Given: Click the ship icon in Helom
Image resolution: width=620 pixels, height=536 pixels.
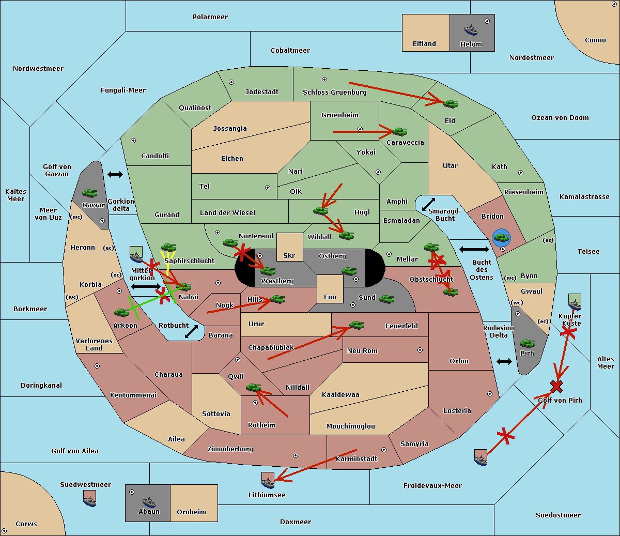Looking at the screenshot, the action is coord(471,30).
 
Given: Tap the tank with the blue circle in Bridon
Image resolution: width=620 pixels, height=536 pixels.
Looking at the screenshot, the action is coord(502,238).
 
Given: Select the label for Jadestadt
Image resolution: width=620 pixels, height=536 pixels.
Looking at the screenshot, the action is coord(262,92).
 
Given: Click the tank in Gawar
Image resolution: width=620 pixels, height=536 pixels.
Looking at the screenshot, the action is coord(90,193).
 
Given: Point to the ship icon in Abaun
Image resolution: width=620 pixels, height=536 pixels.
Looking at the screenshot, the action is coord(149,502).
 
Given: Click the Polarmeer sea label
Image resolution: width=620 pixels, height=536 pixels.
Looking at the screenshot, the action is coord(210,17).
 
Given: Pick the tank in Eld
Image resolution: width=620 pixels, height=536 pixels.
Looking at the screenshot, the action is coord(451,104).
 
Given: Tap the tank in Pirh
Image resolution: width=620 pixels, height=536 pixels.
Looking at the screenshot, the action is coord(527,343).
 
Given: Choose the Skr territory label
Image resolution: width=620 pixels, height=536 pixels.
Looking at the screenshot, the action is coord(289,255).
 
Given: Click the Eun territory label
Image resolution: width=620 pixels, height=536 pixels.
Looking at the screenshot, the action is coord(330,297).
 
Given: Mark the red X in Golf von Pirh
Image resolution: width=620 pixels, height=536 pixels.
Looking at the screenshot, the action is coord(556,387).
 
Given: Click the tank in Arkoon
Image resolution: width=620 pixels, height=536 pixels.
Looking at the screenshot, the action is coord(122,312).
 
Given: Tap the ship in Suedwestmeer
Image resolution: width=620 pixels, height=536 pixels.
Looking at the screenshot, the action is coord(89,498).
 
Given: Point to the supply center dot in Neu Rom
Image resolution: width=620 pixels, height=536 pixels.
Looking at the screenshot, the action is coord(420,350).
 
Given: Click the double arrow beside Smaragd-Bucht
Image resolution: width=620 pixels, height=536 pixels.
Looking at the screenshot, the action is coord(428,204).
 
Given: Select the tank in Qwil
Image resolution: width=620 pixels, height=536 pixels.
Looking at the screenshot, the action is coord(253,387).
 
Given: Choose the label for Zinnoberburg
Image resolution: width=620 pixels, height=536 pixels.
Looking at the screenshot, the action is coord(230,449).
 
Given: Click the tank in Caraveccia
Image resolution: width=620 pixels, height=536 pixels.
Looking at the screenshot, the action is coord(400,131).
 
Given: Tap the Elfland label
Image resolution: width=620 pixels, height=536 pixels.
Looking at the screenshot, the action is coord(424,44).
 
